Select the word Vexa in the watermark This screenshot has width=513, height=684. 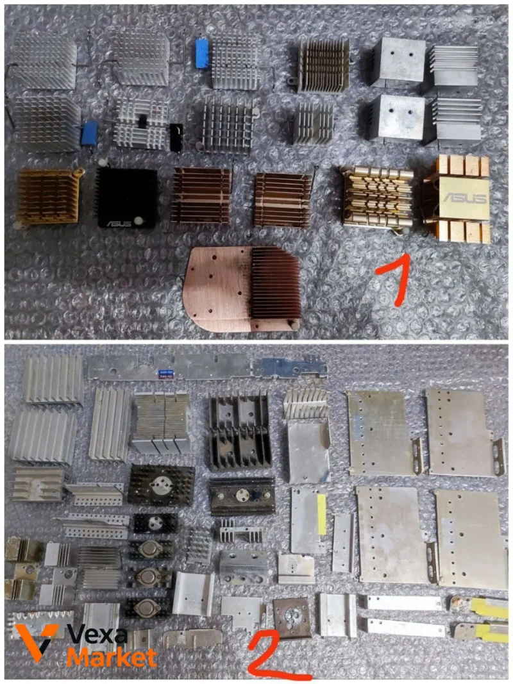click(97, 635)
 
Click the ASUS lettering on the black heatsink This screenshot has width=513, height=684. click(119, 223)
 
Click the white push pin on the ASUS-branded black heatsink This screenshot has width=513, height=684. click(139, 221)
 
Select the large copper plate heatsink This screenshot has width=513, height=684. click(242, 288)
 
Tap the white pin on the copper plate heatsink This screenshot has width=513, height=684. click(296, 325)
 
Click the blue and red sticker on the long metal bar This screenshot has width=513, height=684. click(165, 373)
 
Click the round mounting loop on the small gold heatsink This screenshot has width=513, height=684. click(79, 172)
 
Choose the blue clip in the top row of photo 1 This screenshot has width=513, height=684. click(202, 54)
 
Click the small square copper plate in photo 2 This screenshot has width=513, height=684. click(292, 618)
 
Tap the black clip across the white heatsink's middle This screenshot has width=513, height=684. click(142, 121)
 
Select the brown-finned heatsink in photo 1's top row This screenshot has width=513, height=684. click(324, 65)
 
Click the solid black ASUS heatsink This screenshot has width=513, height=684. click(127, 199)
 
